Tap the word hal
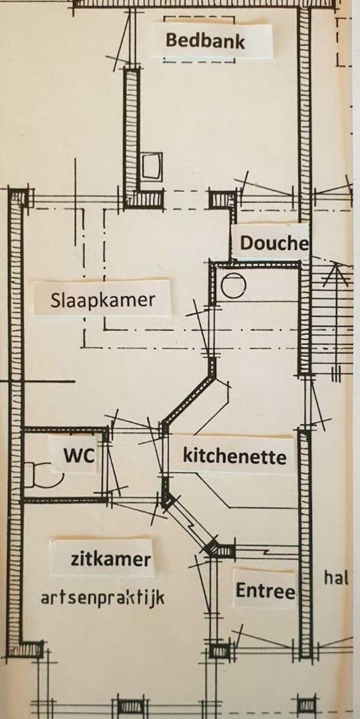tap(336, 578)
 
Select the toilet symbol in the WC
tap(41, 475)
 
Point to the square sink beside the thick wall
tap(151, 166)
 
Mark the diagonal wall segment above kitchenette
tap(189, 399)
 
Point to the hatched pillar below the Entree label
tap(219, 651)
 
